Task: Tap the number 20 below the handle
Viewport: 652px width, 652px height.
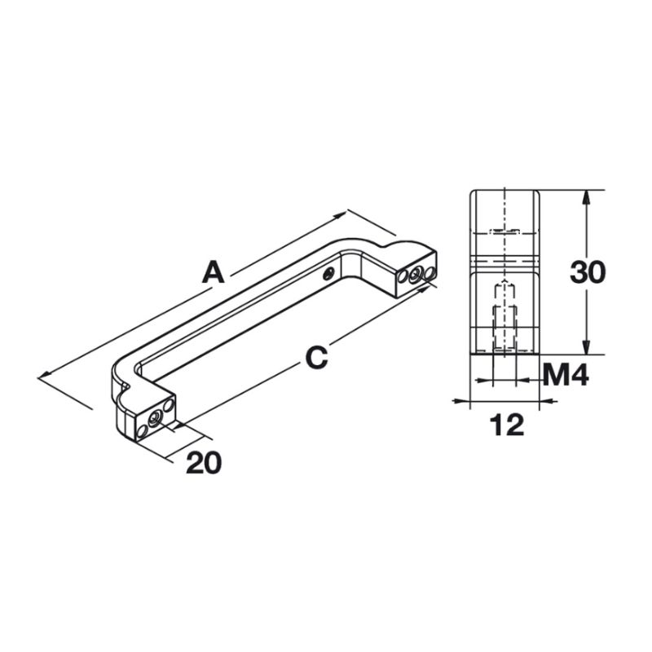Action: click(204, 462)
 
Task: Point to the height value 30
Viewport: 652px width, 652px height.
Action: click(587, 272)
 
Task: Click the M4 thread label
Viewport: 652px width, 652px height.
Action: click(565, 376)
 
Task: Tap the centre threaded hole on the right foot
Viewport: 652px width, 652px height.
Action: click(416, 275)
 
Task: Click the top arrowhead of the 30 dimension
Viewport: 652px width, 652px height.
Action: click(586, 196)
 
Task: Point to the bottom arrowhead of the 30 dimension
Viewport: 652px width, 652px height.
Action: click(586, 350)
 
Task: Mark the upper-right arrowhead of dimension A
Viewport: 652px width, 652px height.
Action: click(345, 214)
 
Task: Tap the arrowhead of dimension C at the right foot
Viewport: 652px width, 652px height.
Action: click(426, 282)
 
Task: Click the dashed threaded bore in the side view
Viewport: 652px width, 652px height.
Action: click(505, 314)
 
